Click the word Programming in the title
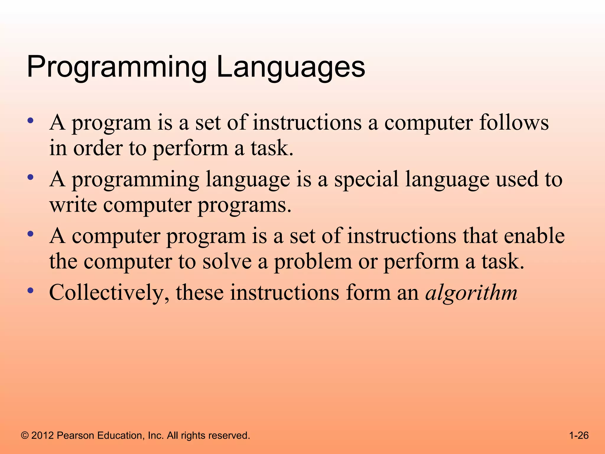pyautogui.click(x=116, y=68)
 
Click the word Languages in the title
pyautogui.click(x=291, y=68)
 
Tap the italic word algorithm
pyautogui.click(x=471, y=293)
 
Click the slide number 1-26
pyautogui.click(x=579, y=435)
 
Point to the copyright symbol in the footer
pyautogui.click(x=25, y=435)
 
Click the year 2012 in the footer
pyautogui.click(x=43, y=435)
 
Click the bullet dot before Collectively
pyautogui.click(x=30, y=290)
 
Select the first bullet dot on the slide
pyautogui.click(x=30, y=120)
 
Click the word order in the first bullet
pyautogui.click(x=98, y=148)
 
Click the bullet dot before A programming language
pyautogui.click(x=30, y=177)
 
